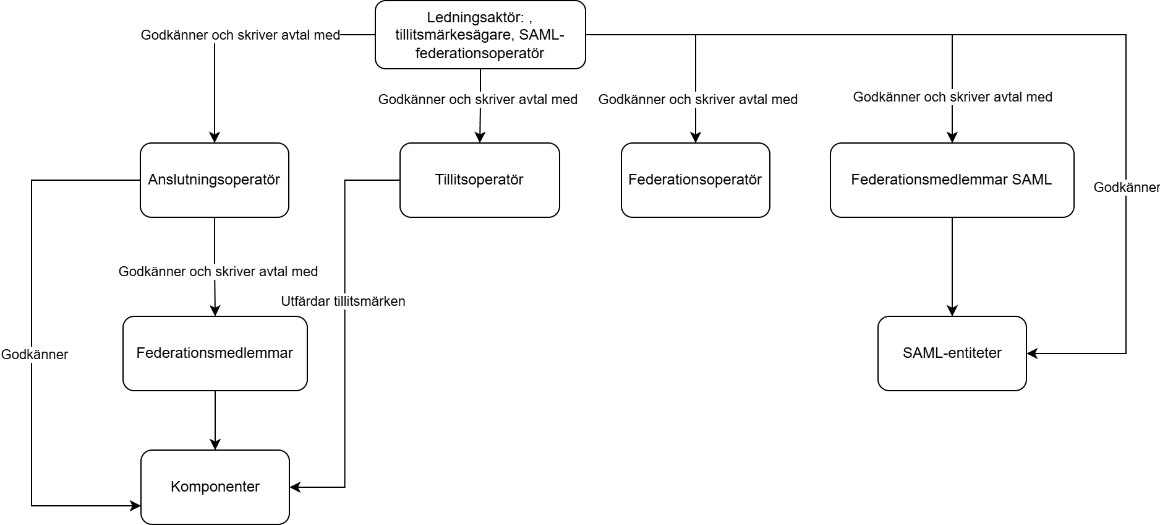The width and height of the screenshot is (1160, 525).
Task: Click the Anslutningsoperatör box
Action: [x=215, y=180]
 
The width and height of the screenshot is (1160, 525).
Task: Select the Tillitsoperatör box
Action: [x=480, y=180]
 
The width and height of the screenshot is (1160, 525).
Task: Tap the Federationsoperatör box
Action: [x=696, y=180]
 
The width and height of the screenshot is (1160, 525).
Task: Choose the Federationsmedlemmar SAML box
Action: [x=952, y=180]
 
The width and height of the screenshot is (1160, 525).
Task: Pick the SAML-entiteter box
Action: [x=952, y=354]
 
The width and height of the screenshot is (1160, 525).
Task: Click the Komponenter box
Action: [x=215, y=487]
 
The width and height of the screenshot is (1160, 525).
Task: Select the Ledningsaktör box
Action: [x=480, y=35]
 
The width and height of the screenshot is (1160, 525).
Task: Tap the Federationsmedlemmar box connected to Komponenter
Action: [x=215, y=354]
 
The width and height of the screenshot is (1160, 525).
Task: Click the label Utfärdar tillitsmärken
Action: [x=343, y=302]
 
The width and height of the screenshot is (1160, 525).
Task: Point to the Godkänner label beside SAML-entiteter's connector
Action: [x=1127, y=188]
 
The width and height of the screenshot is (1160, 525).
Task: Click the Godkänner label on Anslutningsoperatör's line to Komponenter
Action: [x=35, y=355]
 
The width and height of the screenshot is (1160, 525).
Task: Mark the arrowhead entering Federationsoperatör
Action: [x=696, y=137]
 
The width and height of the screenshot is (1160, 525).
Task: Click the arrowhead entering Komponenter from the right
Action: [x=295, y=487]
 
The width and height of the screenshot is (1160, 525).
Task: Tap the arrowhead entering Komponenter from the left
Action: [x=135, y=506]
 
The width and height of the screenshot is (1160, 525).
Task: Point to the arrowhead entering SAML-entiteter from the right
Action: [x=1032, y=354]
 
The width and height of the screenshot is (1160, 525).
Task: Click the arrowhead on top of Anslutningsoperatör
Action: [x=215, y=137]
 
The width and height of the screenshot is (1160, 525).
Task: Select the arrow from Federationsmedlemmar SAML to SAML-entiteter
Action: [x=952, y=267]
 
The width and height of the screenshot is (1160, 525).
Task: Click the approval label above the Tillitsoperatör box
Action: [x=478, y=100]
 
